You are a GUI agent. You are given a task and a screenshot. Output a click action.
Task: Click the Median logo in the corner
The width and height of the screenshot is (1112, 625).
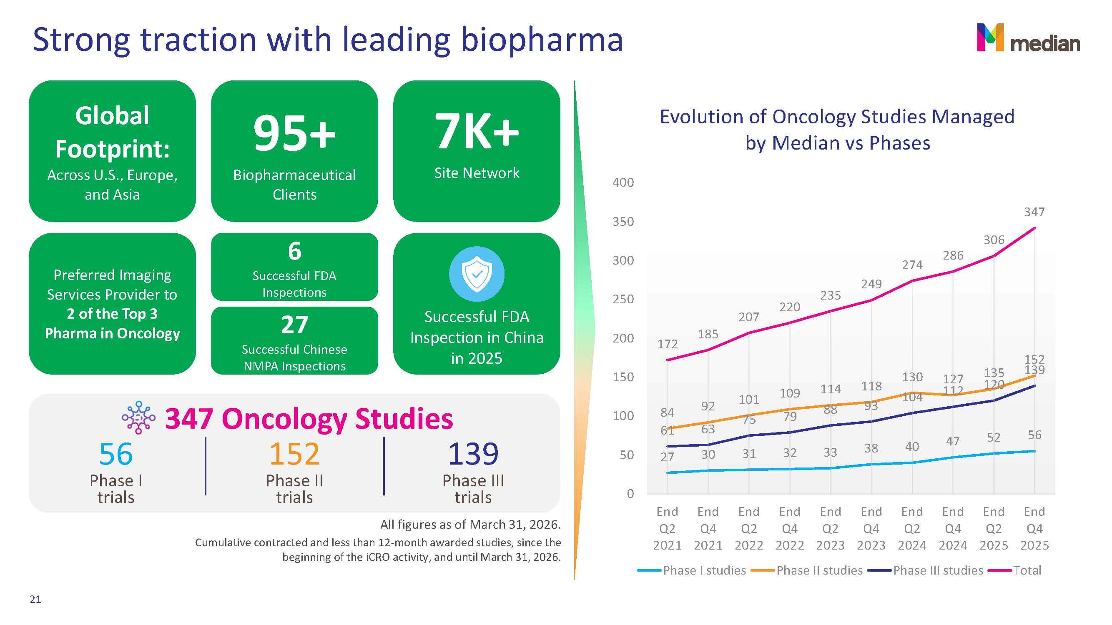click(1028, 37)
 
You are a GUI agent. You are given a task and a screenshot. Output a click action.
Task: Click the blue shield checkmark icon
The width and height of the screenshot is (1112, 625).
click(477, 273)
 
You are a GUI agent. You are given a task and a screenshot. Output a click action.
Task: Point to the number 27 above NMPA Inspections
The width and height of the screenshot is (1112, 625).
click(294, 325)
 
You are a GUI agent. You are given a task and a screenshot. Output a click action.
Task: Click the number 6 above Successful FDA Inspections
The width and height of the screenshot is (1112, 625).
click(294, 251)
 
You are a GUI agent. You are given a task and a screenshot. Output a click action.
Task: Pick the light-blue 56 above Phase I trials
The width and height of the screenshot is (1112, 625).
click(115, 454)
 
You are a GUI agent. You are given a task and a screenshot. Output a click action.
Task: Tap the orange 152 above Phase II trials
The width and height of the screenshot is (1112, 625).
click(294, 454)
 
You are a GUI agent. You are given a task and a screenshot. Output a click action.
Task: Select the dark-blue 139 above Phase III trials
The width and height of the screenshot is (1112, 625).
click(473, 454)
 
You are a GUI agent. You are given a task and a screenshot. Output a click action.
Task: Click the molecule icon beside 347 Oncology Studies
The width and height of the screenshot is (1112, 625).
click(138, 417)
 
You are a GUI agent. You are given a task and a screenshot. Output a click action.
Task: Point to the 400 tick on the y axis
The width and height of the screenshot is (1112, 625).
click(623, 182)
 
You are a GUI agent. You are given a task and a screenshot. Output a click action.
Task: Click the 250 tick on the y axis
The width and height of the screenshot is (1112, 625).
click(623, 299)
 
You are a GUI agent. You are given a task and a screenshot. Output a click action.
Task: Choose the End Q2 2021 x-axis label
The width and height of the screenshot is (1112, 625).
click(668, 528)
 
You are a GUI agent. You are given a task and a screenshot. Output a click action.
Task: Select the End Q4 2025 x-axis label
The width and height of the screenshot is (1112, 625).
click(1035, 528)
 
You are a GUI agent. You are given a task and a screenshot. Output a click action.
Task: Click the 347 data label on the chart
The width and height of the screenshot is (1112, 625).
click(1034, 212)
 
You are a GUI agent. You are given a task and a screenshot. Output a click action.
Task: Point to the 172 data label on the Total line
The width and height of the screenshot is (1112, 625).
click(668, 344)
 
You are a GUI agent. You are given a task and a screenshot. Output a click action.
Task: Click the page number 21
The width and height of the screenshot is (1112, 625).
click(35, 599)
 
